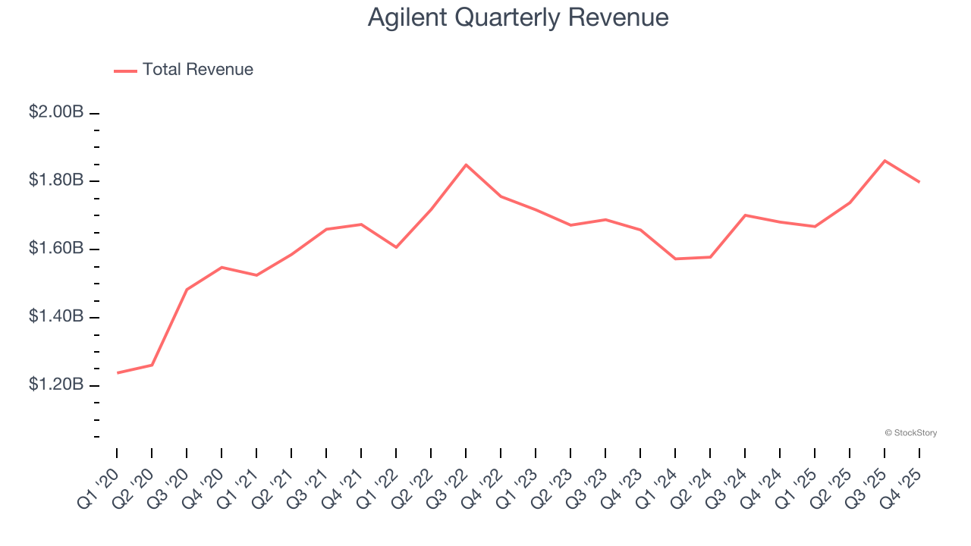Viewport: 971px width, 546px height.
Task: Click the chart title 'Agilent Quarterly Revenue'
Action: (x=518, y=17)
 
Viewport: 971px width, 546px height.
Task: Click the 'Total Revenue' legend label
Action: (x=197, y=70)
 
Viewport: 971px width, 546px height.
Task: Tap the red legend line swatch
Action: (x=125, y=71)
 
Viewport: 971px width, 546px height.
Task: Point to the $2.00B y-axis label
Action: (x=56, y=112)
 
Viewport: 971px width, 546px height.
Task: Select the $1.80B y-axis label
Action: (x=56, y=180)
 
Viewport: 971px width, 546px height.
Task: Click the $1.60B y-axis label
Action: (x=56, y=249)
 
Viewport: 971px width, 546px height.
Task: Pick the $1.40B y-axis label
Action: (x=56, y=316)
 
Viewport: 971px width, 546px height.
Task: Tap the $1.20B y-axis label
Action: (x=56, y=384)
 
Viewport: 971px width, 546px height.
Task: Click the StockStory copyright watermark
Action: (x=910, y=433)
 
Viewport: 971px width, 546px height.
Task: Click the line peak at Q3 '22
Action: (x=466, y=165)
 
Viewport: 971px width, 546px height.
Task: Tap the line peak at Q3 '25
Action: (x=885, y=161)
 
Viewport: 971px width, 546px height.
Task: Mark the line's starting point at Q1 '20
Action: (x=118, y=372)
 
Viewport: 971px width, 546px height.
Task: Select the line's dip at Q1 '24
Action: (x=675, y=259)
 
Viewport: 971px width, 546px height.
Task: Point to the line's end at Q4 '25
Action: (x=919, y=182)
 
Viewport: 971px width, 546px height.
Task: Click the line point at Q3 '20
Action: (x=187, y=289)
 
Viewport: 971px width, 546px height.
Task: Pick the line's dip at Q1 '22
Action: (x=396, y=247)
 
